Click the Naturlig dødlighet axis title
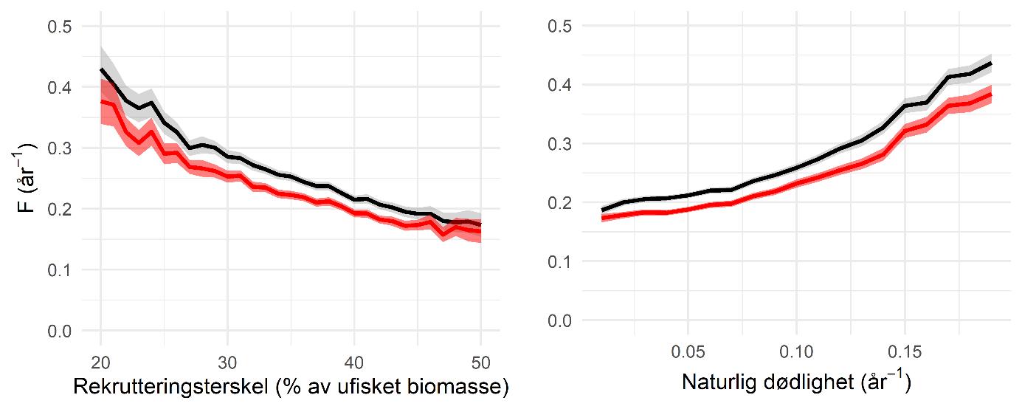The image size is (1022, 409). click(x=795, y=383)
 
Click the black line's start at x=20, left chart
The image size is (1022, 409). click(x=102, y=69)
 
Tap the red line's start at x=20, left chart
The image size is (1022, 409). click(x=102, y=102)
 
